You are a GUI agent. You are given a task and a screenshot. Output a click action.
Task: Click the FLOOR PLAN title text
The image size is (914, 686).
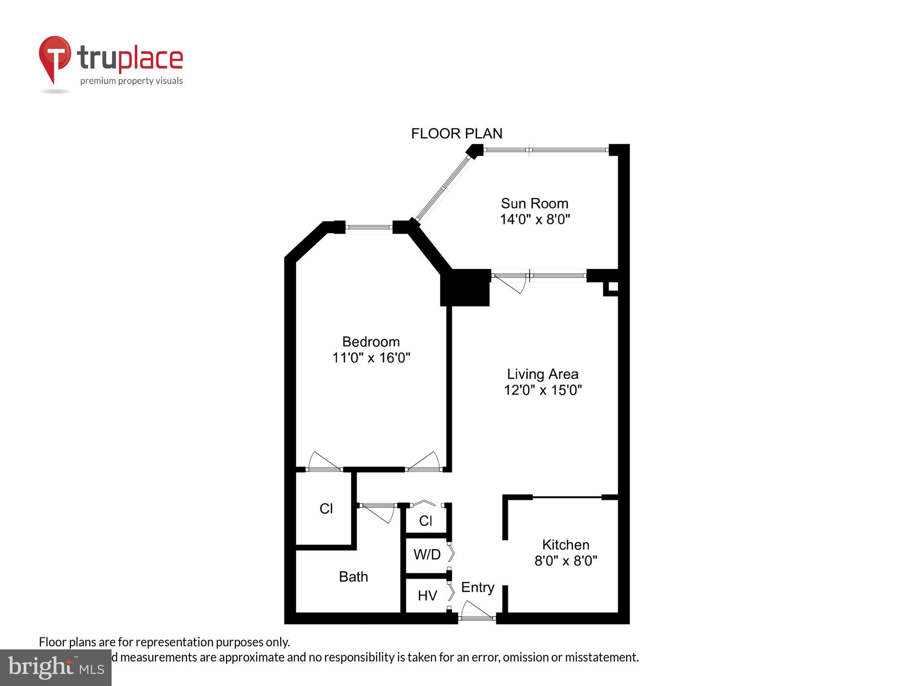click(457, 134)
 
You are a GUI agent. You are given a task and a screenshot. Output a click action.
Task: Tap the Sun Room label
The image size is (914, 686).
click(534, 204)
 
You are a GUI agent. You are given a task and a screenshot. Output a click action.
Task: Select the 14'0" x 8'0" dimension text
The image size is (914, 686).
click(535, 220)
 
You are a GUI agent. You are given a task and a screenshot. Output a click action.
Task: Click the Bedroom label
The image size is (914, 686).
click(371, 342)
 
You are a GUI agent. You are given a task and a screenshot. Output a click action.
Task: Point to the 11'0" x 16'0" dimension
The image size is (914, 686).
click(371, 358)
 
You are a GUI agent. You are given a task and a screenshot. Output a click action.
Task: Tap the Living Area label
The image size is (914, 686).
click(542, 374)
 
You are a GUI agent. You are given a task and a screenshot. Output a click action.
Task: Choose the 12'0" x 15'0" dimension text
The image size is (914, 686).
click(543, 390)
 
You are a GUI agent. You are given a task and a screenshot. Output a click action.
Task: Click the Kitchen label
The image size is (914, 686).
click(565, 544)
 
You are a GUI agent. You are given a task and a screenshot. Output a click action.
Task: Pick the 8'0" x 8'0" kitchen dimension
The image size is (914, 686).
click(565, 561)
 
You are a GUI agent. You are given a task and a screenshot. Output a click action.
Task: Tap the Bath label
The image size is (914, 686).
click(353, 577)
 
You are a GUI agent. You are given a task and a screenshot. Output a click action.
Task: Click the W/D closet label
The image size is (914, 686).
click(427, 555)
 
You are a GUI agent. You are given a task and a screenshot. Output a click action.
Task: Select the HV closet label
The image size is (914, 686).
click(427, 595)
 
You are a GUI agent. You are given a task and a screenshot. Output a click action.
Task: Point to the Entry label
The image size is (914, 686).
click(478, 587)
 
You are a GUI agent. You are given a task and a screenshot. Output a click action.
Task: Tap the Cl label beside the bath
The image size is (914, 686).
click(326, 509)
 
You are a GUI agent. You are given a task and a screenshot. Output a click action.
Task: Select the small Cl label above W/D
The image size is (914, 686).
click(426, 521)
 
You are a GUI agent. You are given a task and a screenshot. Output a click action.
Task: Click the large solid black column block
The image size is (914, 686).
click(465, 288)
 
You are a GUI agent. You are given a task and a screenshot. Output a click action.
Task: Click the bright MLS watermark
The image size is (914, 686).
click(55, 667)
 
